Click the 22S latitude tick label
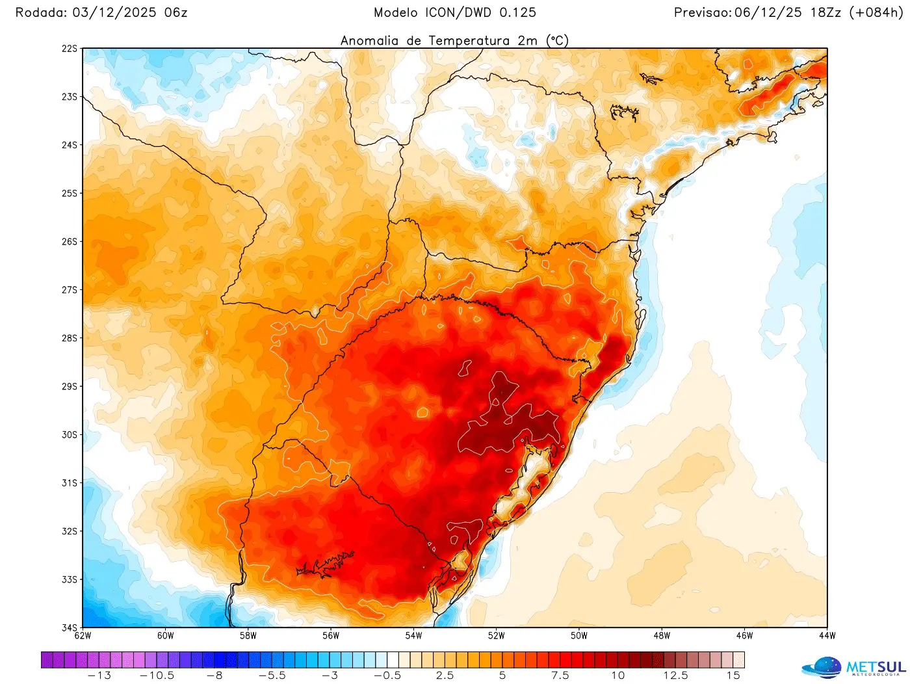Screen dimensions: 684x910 pos(70,49)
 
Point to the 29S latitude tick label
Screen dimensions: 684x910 pos(70,386)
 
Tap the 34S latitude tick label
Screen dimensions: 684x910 pos(70,627)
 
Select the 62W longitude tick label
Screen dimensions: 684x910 pos(83,636)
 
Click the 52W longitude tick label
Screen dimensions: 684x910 pos(496,636)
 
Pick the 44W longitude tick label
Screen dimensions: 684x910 pos(827,636)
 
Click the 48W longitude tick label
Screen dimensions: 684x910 pos(662,636)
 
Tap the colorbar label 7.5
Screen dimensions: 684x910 pos(560,676)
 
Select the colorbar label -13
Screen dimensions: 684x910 pos(99,676)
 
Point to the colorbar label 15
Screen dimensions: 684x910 pos(733,676)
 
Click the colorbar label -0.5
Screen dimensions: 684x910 pos(387,676)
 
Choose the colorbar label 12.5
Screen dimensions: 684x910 pos(675,676)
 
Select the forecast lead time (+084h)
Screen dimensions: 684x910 pos(876,12)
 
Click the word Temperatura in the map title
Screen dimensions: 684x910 pos(469,40)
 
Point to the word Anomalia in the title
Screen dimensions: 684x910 pos(369,40)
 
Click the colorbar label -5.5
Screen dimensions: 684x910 pos(272,676)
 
